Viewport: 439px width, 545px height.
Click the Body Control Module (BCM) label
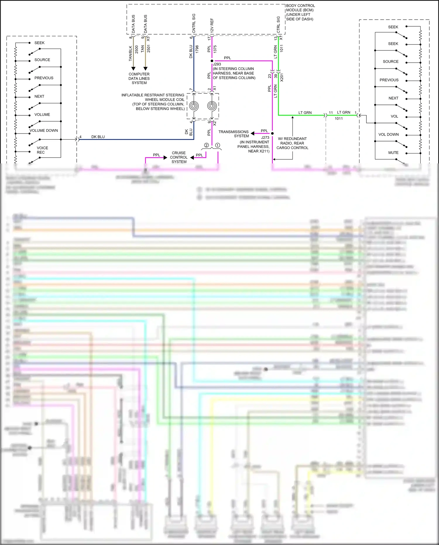300,12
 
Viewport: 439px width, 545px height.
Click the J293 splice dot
212,61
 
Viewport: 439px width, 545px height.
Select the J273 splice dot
272,134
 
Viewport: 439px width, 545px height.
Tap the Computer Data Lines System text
139,78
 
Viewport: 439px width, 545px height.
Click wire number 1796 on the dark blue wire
197,49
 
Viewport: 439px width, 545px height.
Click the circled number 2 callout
206,145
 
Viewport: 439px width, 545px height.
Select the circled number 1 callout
217,145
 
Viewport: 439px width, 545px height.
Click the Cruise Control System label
179,157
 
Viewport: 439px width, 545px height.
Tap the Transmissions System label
234,134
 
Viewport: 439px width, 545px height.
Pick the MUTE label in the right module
393,153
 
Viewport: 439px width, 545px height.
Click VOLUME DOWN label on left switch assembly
44,131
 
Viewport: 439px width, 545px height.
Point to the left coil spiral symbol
194,105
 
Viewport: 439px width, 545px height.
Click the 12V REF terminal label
212,26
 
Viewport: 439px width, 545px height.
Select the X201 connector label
282,77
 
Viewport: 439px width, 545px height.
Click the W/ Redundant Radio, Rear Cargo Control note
292,143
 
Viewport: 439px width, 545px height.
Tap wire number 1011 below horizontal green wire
339,119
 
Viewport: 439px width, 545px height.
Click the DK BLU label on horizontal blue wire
98,137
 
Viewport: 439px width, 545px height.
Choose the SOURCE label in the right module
390,61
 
